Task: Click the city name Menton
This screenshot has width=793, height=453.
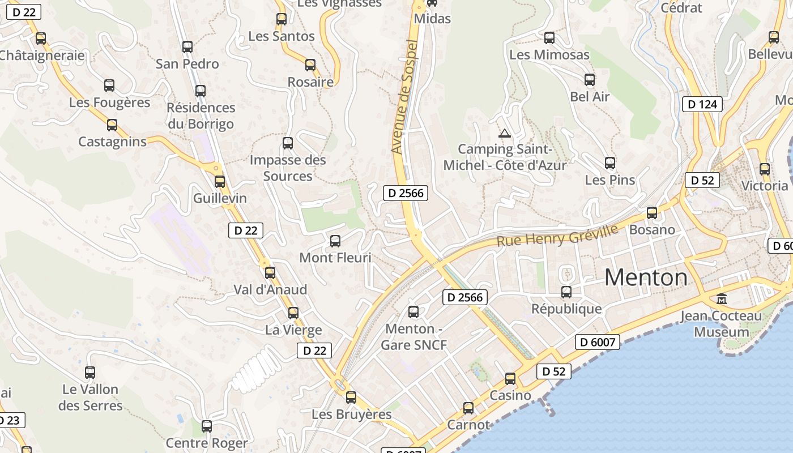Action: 646,277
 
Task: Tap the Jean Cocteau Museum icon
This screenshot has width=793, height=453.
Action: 722,298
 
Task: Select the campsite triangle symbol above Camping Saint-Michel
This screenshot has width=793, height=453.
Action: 504,134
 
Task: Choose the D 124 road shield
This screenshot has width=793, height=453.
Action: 702,104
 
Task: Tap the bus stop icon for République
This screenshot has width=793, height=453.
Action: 566,292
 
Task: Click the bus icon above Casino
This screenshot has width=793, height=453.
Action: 510,379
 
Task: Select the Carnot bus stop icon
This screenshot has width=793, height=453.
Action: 468,408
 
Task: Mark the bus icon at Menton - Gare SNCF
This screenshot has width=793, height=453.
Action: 413,311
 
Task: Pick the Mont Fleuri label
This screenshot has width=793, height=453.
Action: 335,258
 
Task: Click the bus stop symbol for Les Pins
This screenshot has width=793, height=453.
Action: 610,163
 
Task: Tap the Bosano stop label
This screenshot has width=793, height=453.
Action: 652,229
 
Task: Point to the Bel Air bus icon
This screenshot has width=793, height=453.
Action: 590,80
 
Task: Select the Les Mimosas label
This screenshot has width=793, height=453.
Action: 549,55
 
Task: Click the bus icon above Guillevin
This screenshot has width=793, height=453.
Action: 220,182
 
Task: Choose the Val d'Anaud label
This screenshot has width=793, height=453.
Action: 270,289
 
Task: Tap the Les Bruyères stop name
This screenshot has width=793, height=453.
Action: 351,414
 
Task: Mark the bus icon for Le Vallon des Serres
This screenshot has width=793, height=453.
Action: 90,373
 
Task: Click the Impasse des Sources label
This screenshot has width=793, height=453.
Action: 288,168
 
